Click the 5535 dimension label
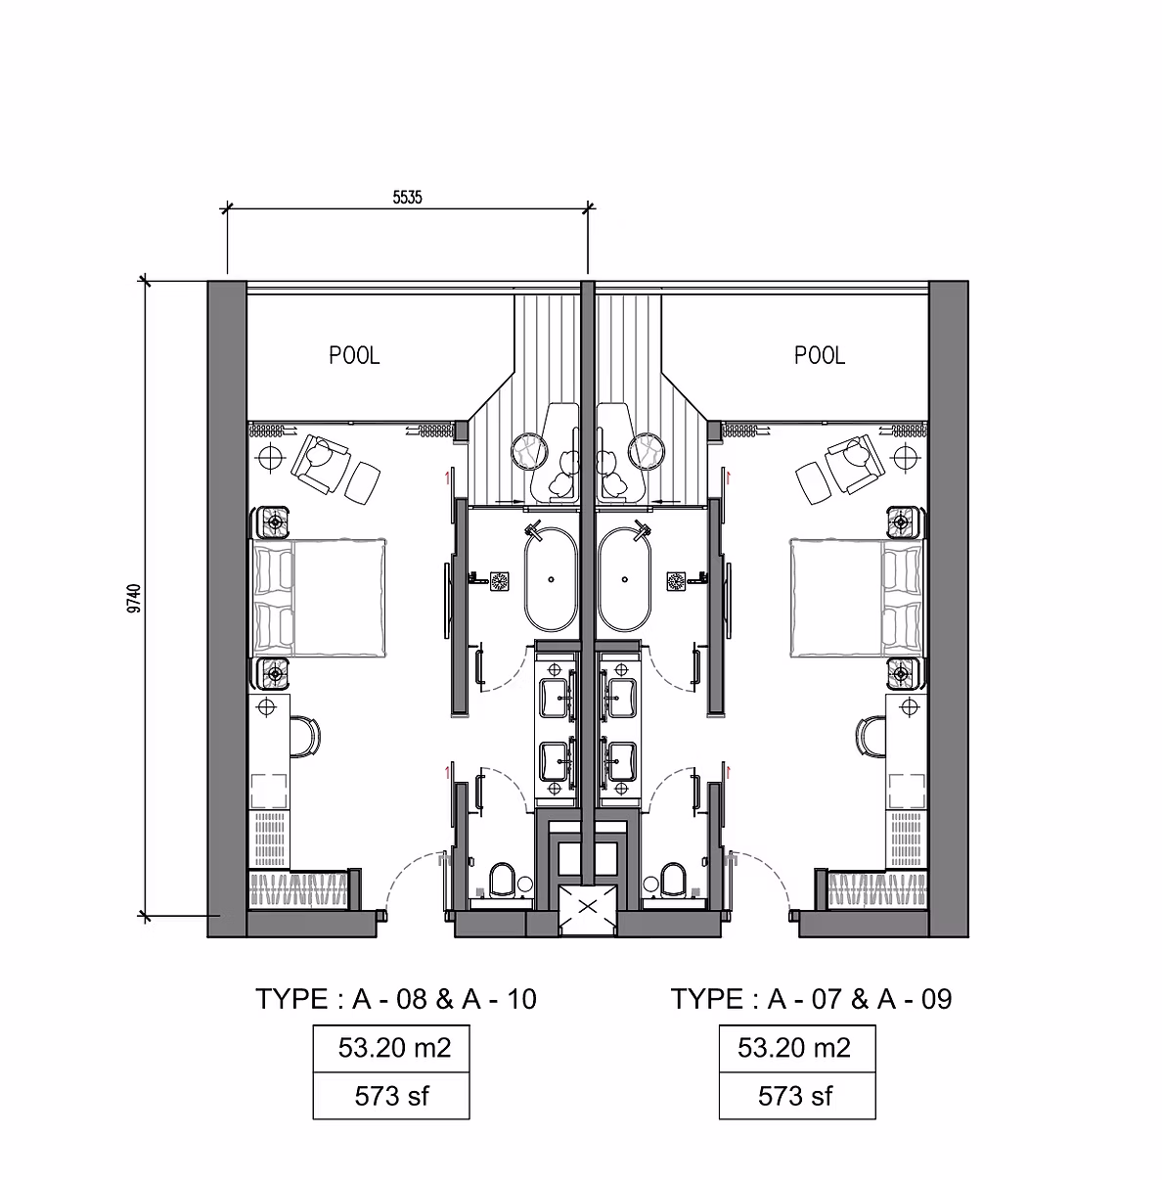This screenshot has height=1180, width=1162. point(407,197)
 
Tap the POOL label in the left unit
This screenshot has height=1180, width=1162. point(354,356)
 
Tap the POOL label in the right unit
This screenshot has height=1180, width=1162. point(819,356)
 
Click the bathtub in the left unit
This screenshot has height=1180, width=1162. point(553,580)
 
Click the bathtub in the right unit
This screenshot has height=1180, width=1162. point(623,580)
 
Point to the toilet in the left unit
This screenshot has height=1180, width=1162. point(503,880)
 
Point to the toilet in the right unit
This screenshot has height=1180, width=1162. point(672,880)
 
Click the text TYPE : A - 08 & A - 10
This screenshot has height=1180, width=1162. point(396,999)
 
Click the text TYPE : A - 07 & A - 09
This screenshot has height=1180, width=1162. point(811,999)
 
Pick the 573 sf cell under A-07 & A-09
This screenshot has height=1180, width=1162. point(796,1096)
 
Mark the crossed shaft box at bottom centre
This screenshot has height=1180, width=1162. point(587,906)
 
